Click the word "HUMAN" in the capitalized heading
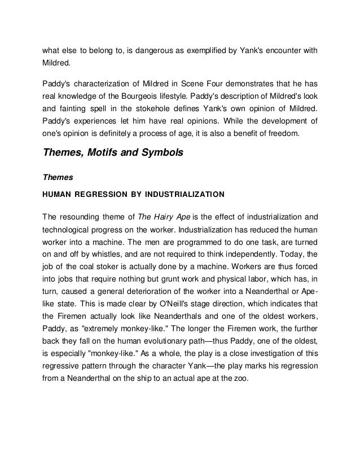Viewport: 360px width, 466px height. coord(57,194)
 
